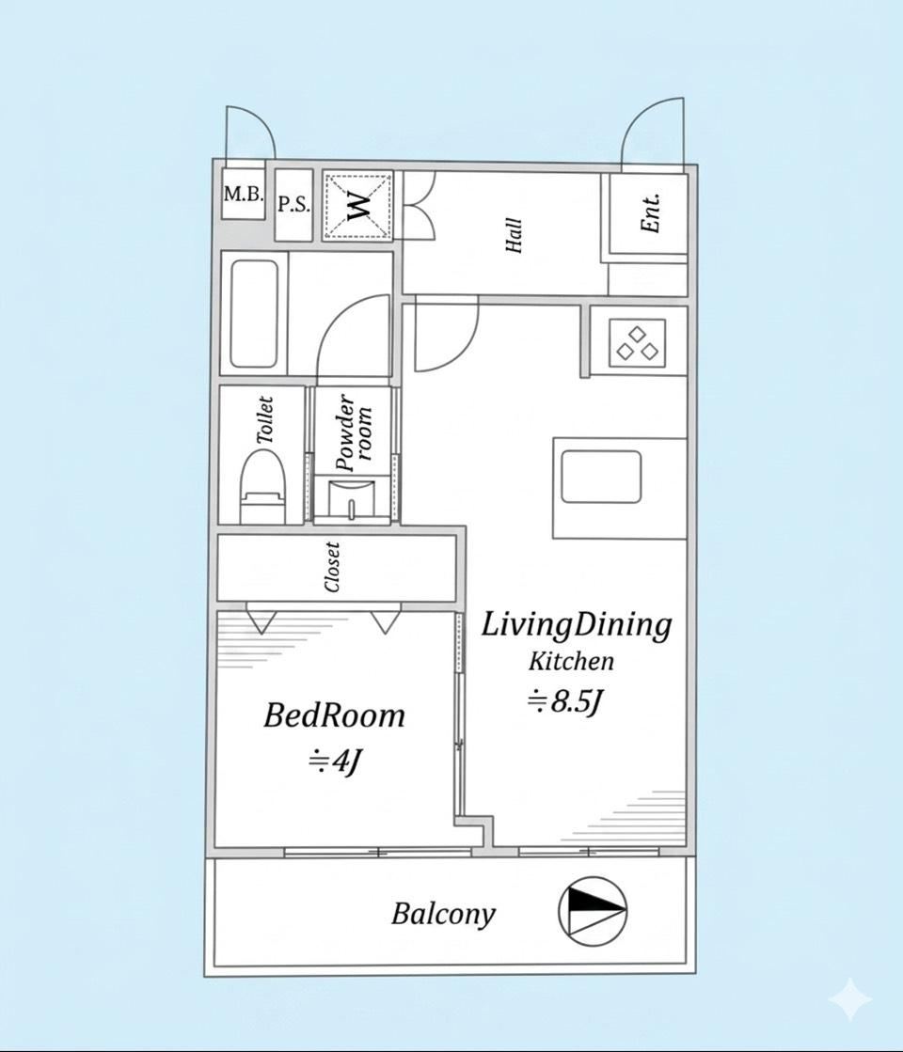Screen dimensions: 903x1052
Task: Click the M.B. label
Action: [x=243, y=194]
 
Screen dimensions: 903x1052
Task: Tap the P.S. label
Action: [x=294, y=204]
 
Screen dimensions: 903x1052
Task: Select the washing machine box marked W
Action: [x=357, y=205]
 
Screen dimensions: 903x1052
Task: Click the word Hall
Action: [x=514, y=235]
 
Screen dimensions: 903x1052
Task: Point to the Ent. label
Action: [x=651, y=213]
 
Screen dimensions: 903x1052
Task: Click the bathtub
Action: [x=255, y=313]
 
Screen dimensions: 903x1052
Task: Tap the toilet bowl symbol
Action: [x=263, y=486]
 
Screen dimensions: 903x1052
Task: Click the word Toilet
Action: [x=266, y=420]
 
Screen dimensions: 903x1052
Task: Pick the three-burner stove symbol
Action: [x=637, y=342]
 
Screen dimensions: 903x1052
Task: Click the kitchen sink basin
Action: [x=601, y=477]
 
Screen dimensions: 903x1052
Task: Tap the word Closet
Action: [x=332, y=567]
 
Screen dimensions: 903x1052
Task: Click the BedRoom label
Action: [x=334, y=715]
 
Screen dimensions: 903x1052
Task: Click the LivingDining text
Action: [x=576, y=625]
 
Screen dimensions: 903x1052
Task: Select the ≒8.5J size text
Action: [x=564, y=702]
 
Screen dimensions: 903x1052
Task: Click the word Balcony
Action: [x=443, y=915]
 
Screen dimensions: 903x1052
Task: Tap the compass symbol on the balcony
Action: [x=593, y=910]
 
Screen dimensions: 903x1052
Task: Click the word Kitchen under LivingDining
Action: [x=571, y=662]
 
